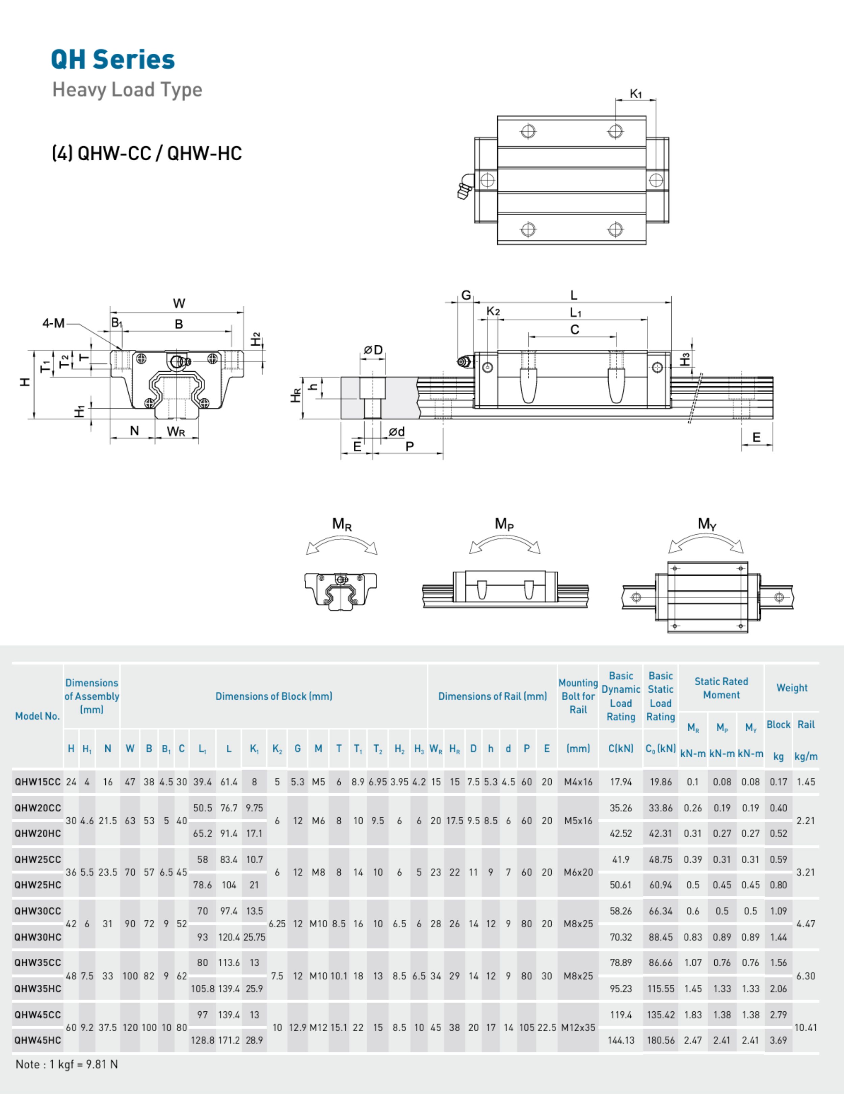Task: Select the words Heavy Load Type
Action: click(x=127, y=90)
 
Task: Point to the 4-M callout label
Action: click(x=53, y=323)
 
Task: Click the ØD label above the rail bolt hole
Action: click(x=373, y=350)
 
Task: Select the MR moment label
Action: click(x=341, y=524)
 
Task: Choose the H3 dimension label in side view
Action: click(x=684, y=359)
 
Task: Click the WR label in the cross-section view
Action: click(x=176, y=432)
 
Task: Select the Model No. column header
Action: click(x=37, y=716)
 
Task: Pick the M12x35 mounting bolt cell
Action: click(x=578, y=1027)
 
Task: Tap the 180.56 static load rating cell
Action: click(x=660, y=1040)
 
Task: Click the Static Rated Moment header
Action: click(x=721, y=688)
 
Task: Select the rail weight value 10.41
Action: click(x=805, y=1027)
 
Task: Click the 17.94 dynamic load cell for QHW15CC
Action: click(x=621, y=782)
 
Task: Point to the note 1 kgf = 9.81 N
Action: click(x=67, y=1064)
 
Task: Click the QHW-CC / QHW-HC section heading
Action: click(x=147, y=153)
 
